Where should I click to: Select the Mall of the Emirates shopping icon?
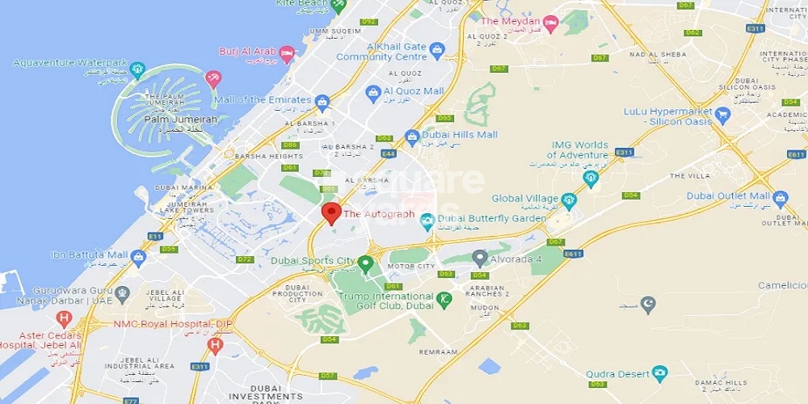click(x=322, y=101)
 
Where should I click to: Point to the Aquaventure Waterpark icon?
click(x=137, y=68)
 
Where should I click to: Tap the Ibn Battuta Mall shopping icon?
click(x=138, y=257)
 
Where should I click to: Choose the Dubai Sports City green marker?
click(x=365, y=263)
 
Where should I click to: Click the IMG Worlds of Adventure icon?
click(x=591, y=178)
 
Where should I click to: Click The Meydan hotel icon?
click(x=550, y=21)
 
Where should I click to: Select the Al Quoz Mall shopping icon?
click(x=373, y=93)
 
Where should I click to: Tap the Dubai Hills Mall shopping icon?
click(x=412, y=136)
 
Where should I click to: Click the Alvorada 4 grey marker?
click(x=480, y=259)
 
